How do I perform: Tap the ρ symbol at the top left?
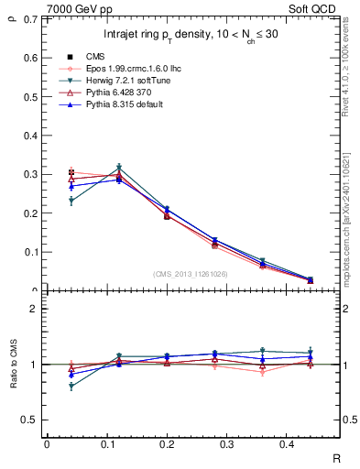click(x=10, y=11)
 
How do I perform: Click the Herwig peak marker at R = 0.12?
click(x=119, y=168)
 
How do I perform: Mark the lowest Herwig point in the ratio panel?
click(x=71, y=387)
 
